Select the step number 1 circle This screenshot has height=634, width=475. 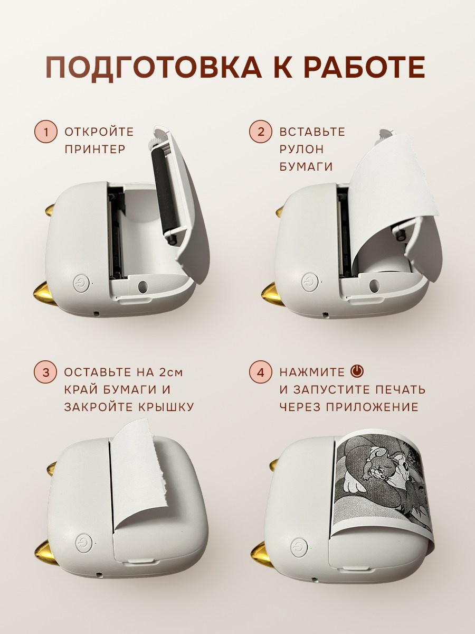(45, 132)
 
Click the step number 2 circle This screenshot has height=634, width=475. (260, 132)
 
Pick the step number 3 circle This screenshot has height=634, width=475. (45, 372)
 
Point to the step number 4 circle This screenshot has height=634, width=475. (260, 372)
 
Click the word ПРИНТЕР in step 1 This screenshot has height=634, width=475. (95, 150)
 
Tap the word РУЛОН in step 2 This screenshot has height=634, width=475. (301, 150)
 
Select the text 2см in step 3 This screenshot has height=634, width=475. (172, 372)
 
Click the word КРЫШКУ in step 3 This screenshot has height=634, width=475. (166, 407)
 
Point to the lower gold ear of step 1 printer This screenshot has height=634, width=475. (45, 294)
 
